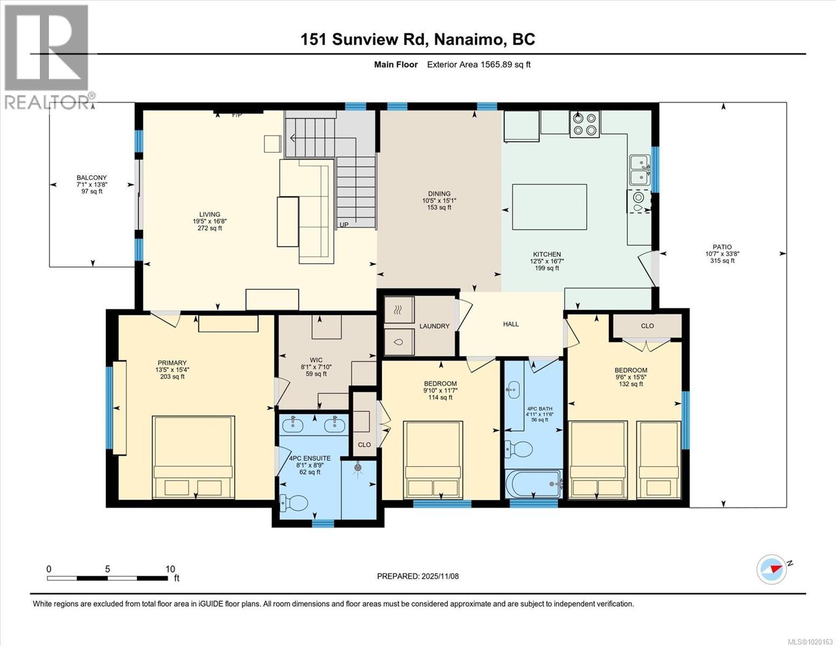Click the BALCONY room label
(92, 178)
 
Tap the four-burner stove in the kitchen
(585, 124)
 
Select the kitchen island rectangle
(549, 207)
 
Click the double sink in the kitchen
(639, 169)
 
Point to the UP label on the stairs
(344, 224)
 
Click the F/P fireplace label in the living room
(236, 115)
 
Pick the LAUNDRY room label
(434, 326)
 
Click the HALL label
(511, 324)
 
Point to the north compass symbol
(772, 568)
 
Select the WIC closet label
(316, 360)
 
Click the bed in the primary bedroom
(194, 458)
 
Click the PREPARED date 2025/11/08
(418, 576)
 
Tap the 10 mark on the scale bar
(170, 569)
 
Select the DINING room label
(439, 194)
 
